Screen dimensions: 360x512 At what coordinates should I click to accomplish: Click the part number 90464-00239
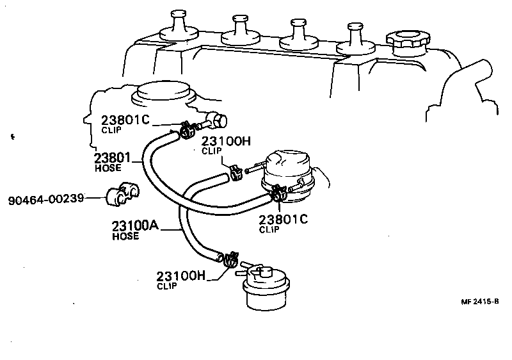tap(46, 199)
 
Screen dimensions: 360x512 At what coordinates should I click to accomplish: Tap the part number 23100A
tap(134, 227)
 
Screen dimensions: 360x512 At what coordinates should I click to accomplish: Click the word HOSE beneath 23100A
tap(125, 236)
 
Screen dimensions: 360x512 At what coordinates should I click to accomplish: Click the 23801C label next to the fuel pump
tap(284, 219)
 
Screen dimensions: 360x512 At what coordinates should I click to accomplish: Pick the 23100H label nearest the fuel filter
tap(180, 276)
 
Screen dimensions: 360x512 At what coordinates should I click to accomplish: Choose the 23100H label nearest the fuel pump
tap(226, 142)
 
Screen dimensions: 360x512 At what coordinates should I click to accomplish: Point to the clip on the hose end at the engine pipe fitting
tap(187, 131)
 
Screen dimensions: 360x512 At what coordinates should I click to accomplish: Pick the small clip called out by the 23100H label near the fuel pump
tap(235, 172)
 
